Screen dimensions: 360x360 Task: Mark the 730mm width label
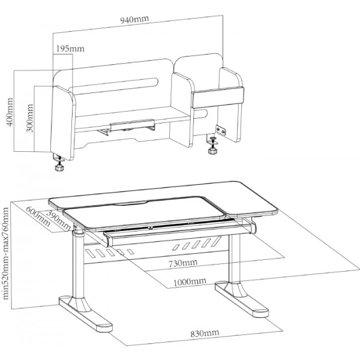(x=182, y=263)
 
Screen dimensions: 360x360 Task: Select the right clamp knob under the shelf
(x=212, y=150)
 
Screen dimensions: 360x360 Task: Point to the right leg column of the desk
(x=236, y=258)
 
